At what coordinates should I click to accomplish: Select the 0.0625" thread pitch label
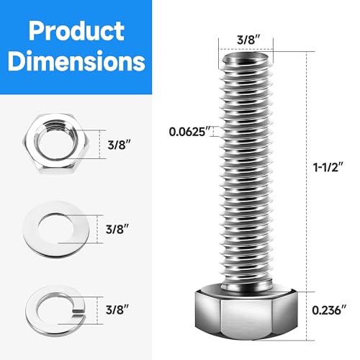pos(189,130)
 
